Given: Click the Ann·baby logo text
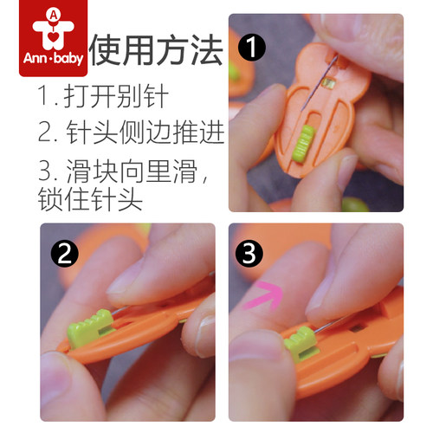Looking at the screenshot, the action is pos(53,58).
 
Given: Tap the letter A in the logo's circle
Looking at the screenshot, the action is pos(54,15).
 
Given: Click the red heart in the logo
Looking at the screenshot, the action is pos(54,37).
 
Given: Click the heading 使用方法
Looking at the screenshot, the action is pos(156,49).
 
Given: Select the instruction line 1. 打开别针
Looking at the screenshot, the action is pos(103,96).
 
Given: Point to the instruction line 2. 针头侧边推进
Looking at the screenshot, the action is pos(132,132).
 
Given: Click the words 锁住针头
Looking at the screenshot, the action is pos(90,199).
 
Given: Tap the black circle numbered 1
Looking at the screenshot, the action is pos(252,47).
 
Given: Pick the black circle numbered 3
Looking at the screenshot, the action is pos(249,253).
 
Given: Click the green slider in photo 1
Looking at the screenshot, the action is pos(303,143).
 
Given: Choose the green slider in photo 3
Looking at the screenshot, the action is pos(301,342).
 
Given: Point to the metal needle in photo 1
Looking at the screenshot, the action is pos(319,83).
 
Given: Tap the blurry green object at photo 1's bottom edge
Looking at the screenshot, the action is pos(355,204).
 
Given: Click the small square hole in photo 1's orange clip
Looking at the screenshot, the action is pos(329,82).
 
